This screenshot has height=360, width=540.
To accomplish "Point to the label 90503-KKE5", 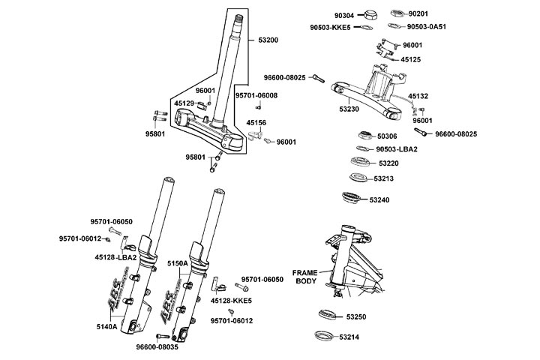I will (331, 28).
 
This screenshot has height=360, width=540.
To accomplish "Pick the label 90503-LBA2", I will (397, 149).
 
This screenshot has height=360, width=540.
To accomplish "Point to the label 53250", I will (356, 317).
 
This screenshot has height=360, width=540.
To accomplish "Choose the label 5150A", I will (178, 263).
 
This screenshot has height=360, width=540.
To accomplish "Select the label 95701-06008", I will (256, 95).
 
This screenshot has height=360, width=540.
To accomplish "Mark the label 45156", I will (256, 123).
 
